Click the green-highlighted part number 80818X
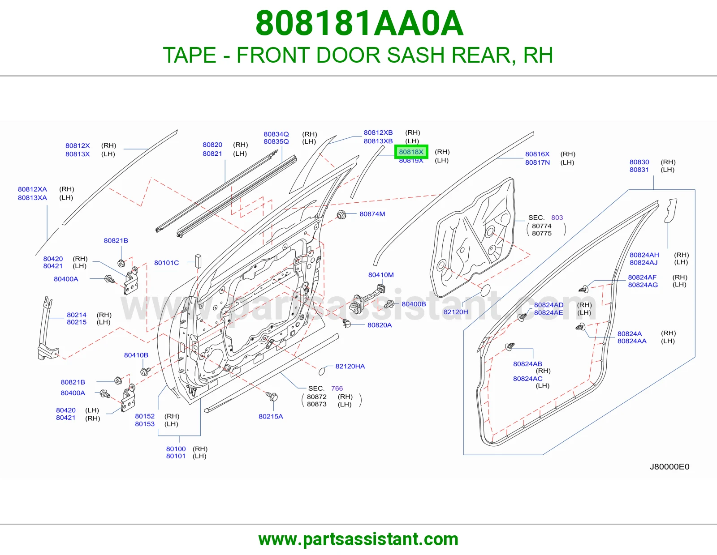tap(411, 152)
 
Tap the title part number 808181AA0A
tap(359, 23)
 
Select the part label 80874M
tap(372, 214)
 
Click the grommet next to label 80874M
tap(341, 215)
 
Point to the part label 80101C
tap(166, 263)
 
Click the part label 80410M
tap(381, 275)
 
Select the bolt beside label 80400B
tap(389, 304)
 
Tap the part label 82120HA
tap(350, 366)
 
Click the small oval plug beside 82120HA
tap(322, 371)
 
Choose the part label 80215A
tap(271, 416)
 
